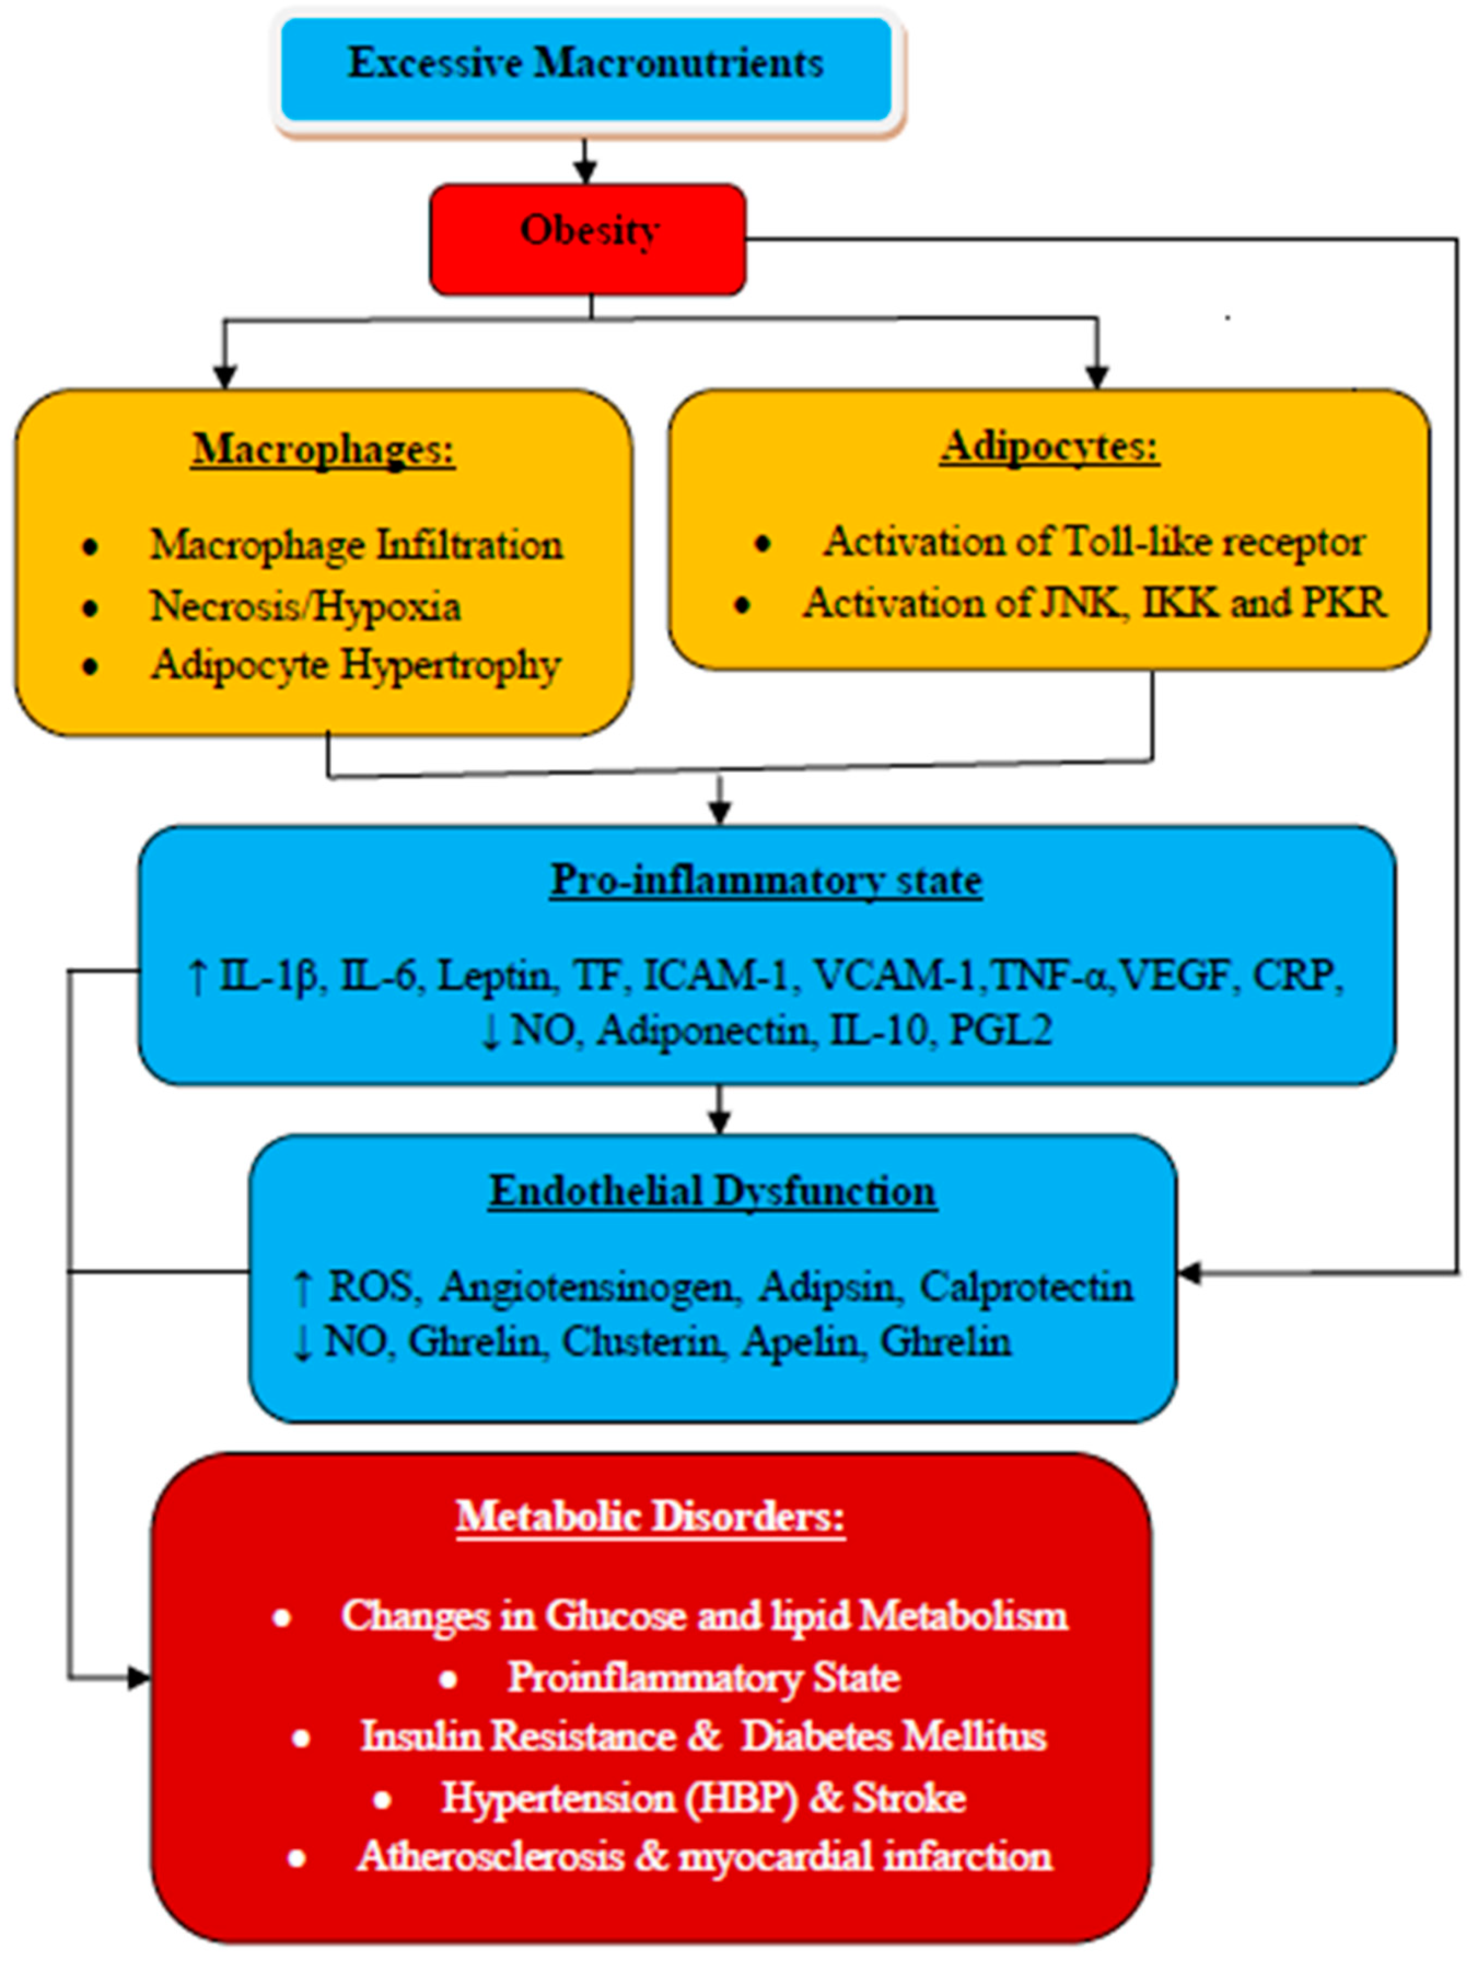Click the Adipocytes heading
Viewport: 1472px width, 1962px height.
click(1049, 446)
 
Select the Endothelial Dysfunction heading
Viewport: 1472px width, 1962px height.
click(712, 1191)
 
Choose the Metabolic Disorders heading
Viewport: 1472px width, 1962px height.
click(650, 1517)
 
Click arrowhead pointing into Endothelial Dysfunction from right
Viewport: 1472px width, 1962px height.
click(1188, 1274)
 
